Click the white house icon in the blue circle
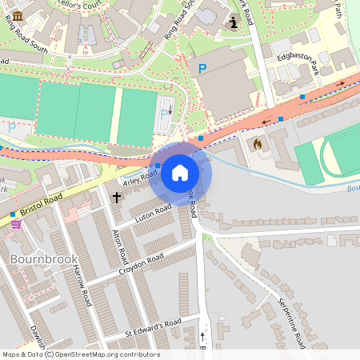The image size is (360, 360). (x=180, y=173)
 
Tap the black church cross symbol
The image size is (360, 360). (x=116, y=196)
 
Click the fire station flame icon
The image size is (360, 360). (x=257, y=145)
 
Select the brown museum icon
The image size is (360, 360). (x=18, y=15)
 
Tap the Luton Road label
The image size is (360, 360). (x=154, y=213)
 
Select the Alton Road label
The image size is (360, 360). (x=122, y=246)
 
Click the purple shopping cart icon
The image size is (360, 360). (x=16, y=224)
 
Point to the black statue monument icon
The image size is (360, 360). (x=233, y=23)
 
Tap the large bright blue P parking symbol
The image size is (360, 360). (x=202, y=70)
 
